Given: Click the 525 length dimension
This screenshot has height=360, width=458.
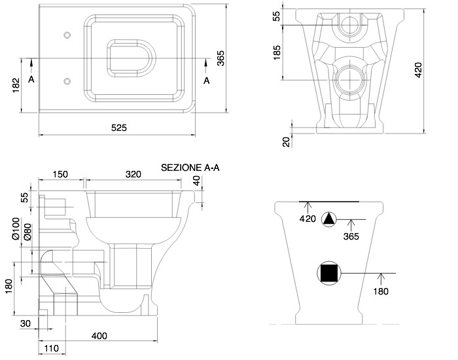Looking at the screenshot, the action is click(119, 128).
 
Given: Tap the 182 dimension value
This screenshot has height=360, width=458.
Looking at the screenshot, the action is click(16, 85).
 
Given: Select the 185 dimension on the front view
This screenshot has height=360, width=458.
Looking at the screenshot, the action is click(277, 52).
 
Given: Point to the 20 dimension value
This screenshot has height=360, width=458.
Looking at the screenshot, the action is click(287, 142).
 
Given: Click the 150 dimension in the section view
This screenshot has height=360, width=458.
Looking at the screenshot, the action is click(60, 175).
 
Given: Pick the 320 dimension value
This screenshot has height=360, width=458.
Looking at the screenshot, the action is click(133, 175).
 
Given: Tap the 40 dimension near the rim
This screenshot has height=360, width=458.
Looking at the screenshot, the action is click(197, 181).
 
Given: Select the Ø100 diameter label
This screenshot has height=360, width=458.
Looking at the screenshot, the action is click(16, 228).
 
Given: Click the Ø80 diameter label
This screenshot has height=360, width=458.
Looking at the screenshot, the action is click(27, 232).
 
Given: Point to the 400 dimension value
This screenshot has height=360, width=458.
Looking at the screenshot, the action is click(99, 336).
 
